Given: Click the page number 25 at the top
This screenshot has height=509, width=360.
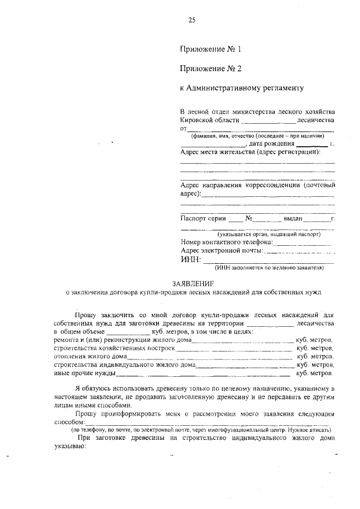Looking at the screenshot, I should coord(191,21).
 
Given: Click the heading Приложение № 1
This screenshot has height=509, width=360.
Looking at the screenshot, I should coord(210,49).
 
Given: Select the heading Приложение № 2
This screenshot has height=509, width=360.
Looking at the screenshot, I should coord(210,69).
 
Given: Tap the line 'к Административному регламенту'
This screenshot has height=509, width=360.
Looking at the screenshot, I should coord(241,88).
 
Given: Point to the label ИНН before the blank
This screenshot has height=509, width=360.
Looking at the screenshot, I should coord(190,259).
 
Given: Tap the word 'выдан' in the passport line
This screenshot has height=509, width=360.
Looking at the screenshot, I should coord(293,218).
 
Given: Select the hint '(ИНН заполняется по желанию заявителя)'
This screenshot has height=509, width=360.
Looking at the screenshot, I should coord(268,268).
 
